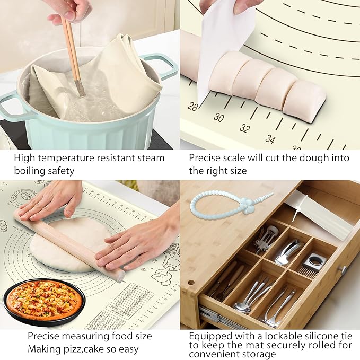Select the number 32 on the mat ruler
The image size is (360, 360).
point(244,128)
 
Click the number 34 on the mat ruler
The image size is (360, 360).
point(270,139)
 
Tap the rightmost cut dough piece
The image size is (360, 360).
point(304,101)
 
